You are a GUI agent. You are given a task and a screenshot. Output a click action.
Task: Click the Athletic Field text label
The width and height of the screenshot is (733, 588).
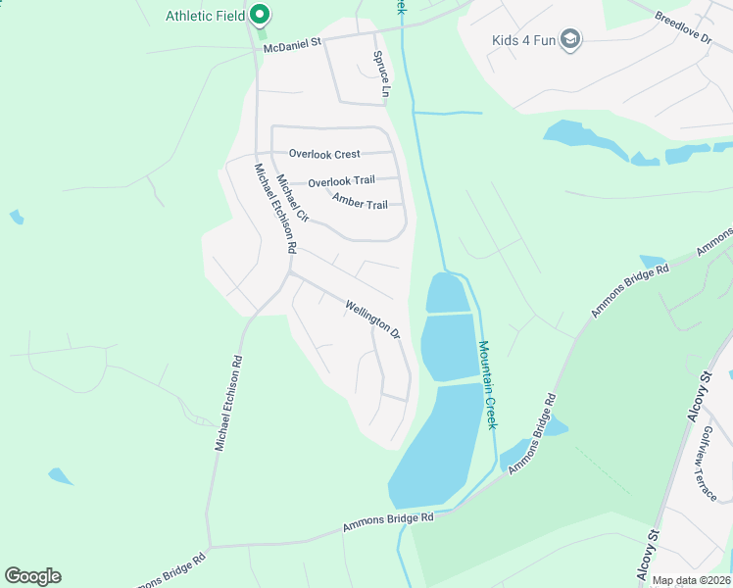205,16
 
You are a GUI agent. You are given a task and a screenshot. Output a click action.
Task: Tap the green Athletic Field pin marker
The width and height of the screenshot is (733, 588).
260,15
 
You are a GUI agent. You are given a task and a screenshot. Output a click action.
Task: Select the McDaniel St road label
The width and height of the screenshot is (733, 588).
292,45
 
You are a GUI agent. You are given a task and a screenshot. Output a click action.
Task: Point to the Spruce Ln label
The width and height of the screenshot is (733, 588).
381,74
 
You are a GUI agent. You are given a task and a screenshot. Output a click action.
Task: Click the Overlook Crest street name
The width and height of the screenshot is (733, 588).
324,154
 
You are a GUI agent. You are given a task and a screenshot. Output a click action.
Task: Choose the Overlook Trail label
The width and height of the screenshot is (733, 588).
341,182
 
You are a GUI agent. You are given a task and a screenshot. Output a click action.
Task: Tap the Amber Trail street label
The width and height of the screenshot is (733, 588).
360,203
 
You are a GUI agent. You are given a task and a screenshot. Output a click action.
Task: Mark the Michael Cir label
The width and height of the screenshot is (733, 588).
292,198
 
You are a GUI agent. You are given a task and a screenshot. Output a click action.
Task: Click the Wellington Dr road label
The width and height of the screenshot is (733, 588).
372,319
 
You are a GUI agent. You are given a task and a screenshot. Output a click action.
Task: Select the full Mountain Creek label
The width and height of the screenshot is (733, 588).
488,383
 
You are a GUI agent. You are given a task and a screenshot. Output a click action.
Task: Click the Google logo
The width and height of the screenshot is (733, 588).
32,576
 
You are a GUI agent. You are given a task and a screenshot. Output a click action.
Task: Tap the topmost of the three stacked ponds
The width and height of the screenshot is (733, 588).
447,293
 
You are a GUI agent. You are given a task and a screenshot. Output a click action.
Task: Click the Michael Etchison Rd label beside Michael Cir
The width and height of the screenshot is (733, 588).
274,209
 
